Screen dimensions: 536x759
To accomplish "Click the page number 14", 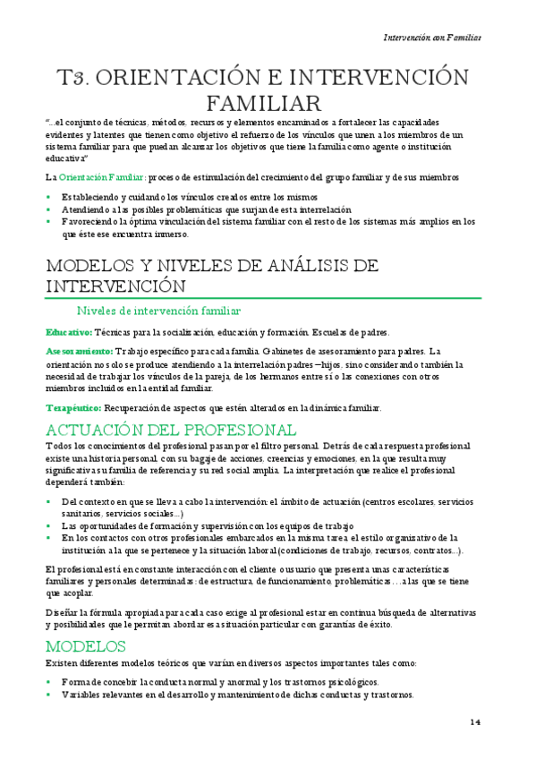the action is coord(475,721).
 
